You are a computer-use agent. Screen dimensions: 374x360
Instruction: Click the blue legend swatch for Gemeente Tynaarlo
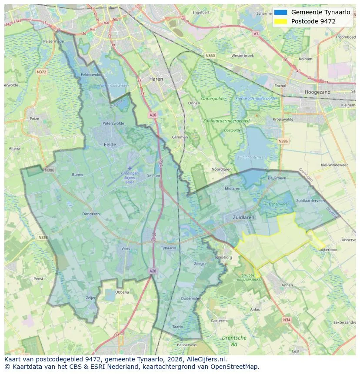click(280, 13)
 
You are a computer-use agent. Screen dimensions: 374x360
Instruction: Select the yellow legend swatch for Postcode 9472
click(280, 21)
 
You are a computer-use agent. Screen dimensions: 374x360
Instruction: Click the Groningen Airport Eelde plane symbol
click(129, 168)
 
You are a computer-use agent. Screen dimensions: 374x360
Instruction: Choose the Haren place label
click(156, 79)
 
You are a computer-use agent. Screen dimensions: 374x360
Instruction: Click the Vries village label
click(126, 248)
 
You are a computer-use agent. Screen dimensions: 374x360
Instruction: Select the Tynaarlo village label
click(168, 248)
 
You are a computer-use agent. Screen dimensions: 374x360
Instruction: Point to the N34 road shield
click(286, 320)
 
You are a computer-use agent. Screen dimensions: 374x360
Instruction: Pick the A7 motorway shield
click(256, 33)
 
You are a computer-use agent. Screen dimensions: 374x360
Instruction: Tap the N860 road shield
click(210, 56)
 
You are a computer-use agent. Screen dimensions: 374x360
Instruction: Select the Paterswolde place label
click(113, 123)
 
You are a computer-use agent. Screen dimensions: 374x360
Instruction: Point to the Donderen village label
click(91, 214)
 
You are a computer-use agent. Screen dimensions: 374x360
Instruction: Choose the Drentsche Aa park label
click(234, 341)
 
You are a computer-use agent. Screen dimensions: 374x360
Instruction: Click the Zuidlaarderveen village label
click(310, 201)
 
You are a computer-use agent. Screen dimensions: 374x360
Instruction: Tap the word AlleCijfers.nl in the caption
click(205, 360)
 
